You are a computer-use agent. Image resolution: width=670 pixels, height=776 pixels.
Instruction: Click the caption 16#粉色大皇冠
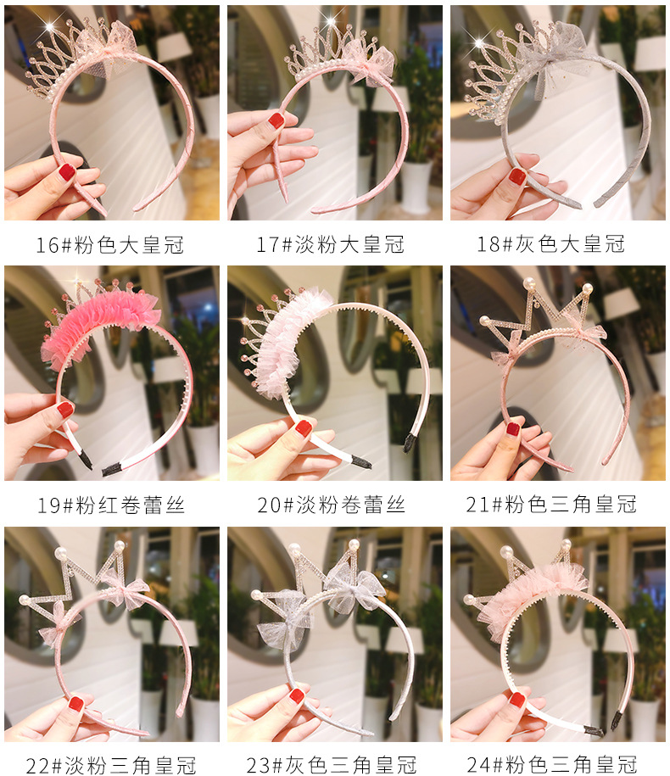pos(109,245)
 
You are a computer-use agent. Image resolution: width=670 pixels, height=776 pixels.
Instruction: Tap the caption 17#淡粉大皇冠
pos(330,244)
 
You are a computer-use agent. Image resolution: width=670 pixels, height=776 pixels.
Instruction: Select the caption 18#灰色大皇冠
pos(550,244)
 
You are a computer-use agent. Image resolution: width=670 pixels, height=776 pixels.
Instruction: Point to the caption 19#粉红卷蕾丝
pos(111,505)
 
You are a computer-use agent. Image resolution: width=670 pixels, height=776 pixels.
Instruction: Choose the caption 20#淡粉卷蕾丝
pos(331,505)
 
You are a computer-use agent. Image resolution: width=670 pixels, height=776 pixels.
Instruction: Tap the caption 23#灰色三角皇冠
pos(331,765)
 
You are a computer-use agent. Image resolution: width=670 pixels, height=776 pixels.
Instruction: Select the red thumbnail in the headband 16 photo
pos(67,172)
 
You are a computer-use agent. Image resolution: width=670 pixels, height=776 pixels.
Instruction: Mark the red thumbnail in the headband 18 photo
pos(517,176)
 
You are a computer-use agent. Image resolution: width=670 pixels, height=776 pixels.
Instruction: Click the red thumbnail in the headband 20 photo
pos(304,427)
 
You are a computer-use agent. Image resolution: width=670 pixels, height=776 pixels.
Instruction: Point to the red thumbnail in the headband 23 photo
pos(296,696)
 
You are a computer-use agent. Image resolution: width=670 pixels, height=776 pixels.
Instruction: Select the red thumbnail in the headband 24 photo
pos(516,700)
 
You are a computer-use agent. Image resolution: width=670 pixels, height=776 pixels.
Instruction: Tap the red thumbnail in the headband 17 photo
pos(276,120)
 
